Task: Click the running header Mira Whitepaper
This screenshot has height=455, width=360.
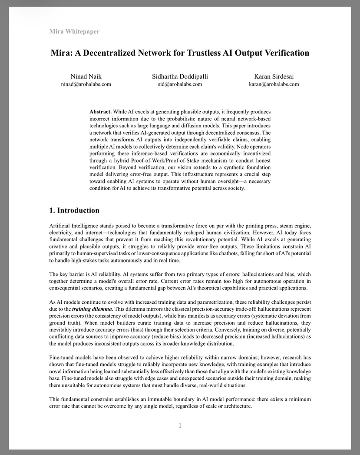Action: click(x=74, y=31)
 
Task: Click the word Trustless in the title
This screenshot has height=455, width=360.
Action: click(x=205, y=53)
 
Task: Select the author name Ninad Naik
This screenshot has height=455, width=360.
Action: click(x=86, y=76)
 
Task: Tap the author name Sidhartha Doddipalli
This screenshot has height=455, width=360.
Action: click(x=180, y=76)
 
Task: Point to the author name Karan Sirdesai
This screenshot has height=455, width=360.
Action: click(x=274, y=76)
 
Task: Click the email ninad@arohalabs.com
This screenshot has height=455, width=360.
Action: click(x=86, y=84)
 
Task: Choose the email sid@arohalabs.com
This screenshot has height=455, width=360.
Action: click(x=180, y=84)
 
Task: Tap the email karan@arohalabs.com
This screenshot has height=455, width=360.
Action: click(x=274, y=84)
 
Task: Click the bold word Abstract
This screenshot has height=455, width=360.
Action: click(x=100, y=112)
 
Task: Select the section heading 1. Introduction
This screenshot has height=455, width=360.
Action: click(x=74, y=211)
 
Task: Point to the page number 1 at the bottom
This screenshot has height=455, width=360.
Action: click(x=180, y=425)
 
